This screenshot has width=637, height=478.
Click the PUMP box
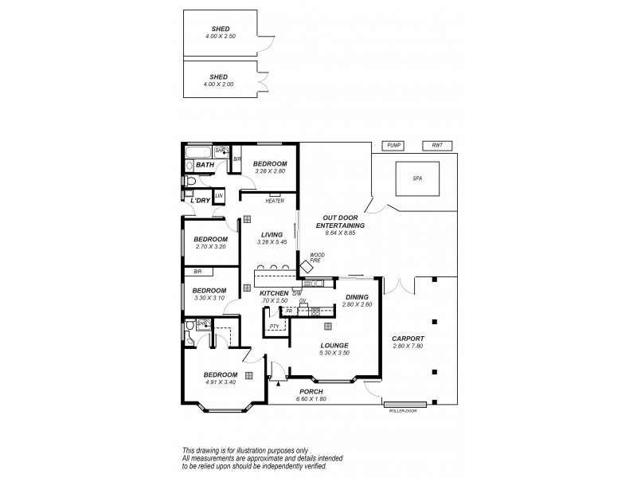click(393, 145)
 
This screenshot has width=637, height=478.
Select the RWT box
click(437, 145)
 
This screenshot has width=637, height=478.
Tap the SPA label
click(417, 179)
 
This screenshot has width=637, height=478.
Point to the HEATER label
click(276, 201)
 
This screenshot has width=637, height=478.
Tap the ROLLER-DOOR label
click(404, 409)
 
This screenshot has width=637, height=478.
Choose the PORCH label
click(311, 391)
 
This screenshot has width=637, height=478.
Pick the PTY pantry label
click(274, 326)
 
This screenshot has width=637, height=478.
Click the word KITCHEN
click(275, 293)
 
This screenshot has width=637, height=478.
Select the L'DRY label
click(200, 201)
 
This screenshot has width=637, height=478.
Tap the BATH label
click(205, 166)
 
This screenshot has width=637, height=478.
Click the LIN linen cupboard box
click(219, 195)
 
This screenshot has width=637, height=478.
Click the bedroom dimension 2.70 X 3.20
click(211, 246)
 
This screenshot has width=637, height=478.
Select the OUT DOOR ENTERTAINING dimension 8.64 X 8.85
click(343, 233)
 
